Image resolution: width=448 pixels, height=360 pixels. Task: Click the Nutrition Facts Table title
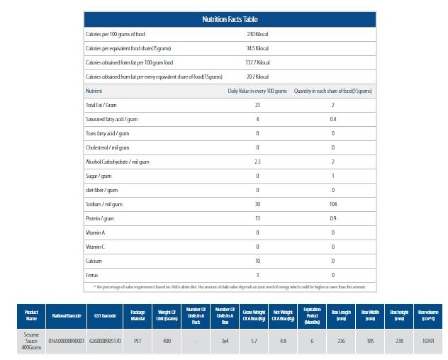[229, 19]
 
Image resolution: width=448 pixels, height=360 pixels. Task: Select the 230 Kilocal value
[257, 34]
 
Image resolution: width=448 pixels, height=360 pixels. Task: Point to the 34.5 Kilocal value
[257, 48]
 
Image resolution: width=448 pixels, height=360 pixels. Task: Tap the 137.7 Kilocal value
[257, 62]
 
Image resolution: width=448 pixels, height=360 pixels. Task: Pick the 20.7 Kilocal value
[257, 77]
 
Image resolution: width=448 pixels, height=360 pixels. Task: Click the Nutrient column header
[94, 91]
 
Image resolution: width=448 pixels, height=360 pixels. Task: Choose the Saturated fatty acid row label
[108, 119]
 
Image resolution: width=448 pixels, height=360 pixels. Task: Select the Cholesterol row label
[108, 147]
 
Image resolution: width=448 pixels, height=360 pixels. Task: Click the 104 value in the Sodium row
[332, 204]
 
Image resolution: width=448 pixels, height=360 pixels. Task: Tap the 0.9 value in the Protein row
[332, 218]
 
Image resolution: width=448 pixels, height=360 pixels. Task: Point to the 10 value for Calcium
[257, 260]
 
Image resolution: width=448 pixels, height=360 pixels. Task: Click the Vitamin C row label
[96, 247]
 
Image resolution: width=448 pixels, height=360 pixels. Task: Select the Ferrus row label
[92, 274]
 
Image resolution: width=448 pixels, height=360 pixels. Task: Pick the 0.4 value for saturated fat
[332, 119]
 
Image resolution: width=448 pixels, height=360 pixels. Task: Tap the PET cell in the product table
[138, 341]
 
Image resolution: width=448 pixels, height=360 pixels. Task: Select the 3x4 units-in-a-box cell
[225, 341]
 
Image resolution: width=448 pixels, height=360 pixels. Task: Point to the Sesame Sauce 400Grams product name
[31, 341]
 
